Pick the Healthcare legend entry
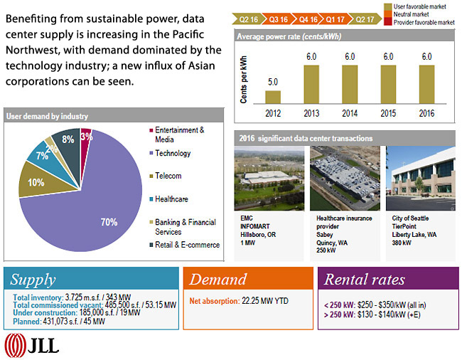pyautogui.click(x=172, y=199)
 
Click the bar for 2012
pyautogui.click(x=273, y=97)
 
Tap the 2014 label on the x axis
pyautogui.click(x=350, y=113)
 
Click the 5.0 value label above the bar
pyautogui.click(x=273, y=83)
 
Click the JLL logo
pyautogui.click(x=33, y=345)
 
